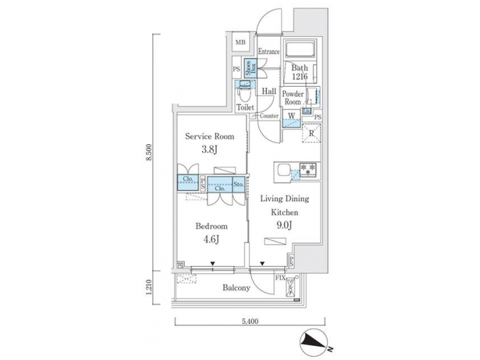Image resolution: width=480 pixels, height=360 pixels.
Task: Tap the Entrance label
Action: tap(268, 51)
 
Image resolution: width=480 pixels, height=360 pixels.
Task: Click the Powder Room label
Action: tap(293, 98)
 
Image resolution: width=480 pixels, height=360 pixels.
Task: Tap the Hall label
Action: tap(269, 91)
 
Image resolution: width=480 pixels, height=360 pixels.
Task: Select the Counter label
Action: tap(269, 116)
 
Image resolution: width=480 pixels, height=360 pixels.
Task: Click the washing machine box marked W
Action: tap(291, 116)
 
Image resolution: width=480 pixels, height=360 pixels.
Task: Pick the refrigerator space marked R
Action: tap(312, 133)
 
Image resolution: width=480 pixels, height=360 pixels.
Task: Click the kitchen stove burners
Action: tap(308, 168)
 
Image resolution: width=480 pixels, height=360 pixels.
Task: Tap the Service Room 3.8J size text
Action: tap(209, 150)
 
